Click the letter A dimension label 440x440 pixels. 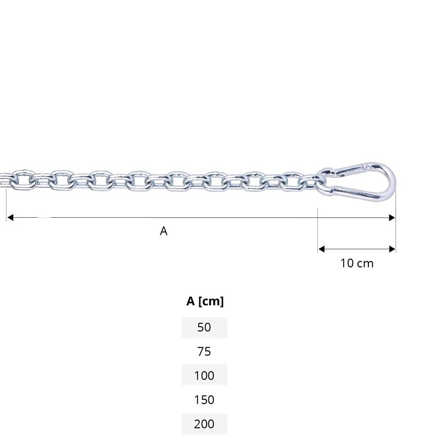coord(163,231)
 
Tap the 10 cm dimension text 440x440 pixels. coord(357,263)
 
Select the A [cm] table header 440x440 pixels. coord(205,301)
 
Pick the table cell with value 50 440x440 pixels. coord(204,327)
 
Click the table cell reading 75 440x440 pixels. coord(204,351)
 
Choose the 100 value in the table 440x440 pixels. coord(204,376)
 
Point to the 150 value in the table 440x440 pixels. coord(204,400)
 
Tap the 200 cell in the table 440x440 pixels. coord(204,424)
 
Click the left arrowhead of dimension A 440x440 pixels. coord(10,217)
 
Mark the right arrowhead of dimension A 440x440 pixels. coord(392,217)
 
